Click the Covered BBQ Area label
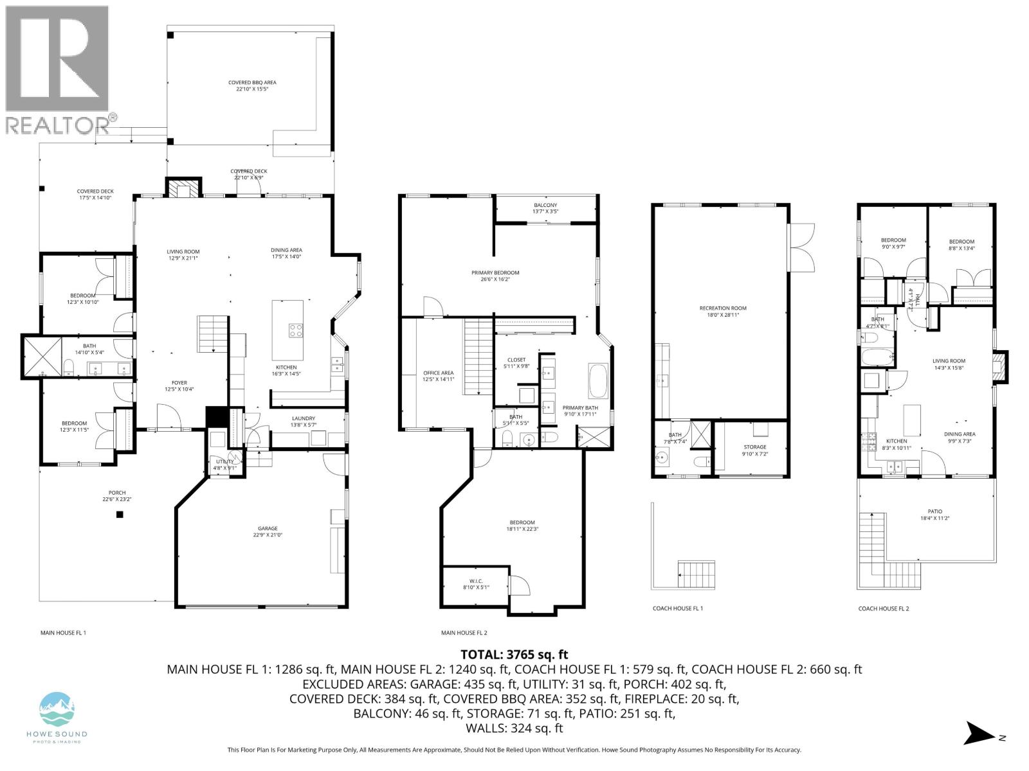[252, 85]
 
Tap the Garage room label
[268, 531]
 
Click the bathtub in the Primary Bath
[597, 382]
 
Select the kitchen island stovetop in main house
[296, 330]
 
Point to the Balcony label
[545, 208]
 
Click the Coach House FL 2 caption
[884, 608]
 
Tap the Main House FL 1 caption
[63, 633]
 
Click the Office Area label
[438, 376]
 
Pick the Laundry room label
[303, 421]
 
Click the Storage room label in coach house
[755, 450]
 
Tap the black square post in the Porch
[120, 514]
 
